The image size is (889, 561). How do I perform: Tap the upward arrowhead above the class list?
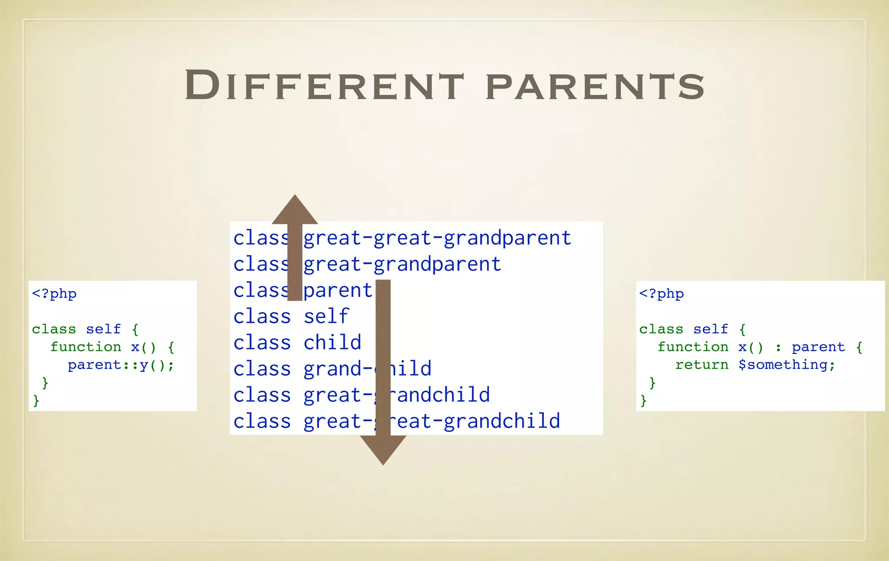click(295, 210)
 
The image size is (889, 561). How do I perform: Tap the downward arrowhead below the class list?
click(383, 449)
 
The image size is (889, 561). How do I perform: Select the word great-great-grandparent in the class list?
click(437, 238)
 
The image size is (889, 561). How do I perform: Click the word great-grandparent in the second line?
click(402, 264)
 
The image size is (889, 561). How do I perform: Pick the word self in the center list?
click(326, 316)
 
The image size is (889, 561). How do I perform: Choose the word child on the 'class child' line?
click(332, 342)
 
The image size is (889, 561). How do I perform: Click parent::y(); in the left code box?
click(121, 365)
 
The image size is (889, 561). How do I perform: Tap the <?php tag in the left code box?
click(54, 294)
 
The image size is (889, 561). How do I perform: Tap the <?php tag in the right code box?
click(661, 294)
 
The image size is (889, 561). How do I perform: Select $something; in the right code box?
click(787, 365)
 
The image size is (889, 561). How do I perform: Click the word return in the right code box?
click(701, 365)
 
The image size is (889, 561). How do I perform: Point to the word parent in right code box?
click(818, 347)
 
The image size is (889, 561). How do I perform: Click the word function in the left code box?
click(86, 347)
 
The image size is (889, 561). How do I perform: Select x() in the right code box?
click(751, 347)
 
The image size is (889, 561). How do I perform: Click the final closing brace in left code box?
click(36, 400)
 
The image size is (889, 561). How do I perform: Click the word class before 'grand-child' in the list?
click(262, 369)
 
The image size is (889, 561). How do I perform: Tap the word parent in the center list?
click(338, 290)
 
